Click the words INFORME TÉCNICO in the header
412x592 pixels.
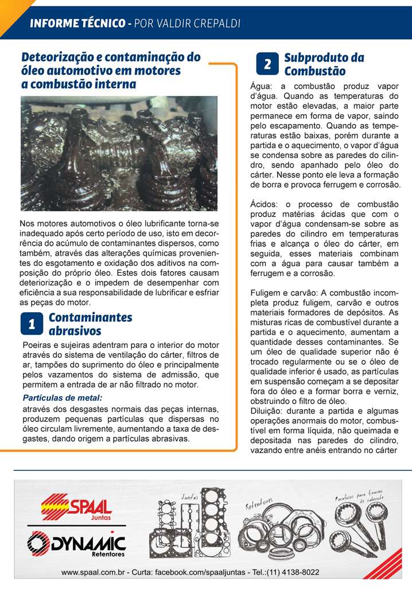pos(77,23)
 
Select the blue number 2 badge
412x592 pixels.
pos(267,64)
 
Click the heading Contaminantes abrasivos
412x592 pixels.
pos(90,324)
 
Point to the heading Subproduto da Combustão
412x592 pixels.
pos(324,64)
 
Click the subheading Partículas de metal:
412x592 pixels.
pos(63,397)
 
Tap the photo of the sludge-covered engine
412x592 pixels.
pos(119,153)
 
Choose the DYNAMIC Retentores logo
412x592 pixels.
pos(77,543)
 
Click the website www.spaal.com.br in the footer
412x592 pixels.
pos(93,572)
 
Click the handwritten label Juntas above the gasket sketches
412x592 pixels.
pos(190,495)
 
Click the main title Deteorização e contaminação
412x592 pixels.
pos(111,58)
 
